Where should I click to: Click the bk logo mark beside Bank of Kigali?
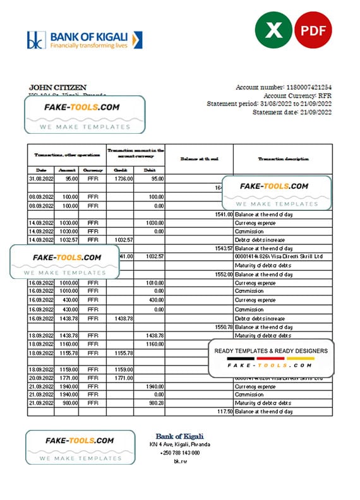tap(33, 40)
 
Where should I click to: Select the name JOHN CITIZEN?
tap(57, 87)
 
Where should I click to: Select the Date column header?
tap(40, 170)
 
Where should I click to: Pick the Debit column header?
tap(150, 170)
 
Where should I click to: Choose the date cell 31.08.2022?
tap(40, 179)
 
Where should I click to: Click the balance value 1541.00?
tap(222, 214)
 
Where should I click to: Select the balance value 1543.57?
tap(222, 248)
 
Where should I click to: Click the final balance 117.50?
tap(223, 411)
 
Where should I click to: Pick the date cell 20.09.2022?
tap(40, 377)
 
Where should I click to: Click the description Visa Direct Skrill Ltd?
tap(278, 257)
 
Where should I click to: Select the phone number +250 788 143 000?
tap(179, 453)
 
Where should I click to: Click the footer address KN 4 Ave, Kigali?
tap(179, 445)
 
